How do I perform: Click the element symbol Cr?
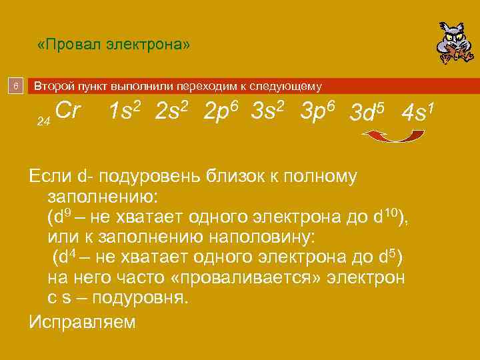[x=68, y=111]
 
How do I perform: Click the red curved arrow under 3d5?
[x=393, y=136]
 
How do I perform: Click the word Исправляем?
[x=83, y=321]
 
